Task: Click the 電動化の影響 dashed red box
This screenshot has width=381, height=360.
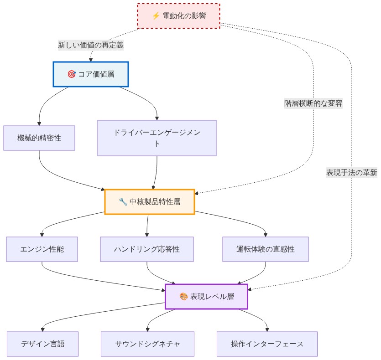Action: (178, 16)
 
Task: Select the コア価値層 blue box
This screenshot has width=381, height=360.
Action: (91, 74)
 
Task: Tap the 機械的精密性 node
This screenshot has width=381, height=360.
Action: (39, 138)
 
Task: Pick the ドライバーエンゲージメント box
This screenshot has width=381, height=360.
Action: (157, 138)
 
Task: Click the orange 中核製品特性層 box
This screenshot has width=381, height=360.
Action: (150, 202)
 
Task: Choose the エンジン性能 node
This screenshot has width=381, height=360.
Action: (42, 249)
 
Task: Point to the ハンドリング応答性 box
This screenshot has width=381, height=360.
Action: (147, 249)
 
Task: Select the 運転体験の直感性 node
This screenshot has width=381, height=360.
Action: (266, 249)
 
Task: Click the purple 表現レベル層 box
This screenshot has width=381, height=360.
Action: (207, 297)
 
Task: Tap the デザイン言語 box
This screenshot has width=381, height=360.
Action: (43, 344)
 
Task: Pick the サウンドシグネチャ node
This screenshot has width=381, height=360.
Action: (147, 344)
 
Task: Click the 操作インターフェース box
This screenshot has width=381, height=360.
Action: (267, 344)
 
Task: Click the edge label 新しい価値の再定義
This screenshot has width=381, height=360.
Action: (91, 45)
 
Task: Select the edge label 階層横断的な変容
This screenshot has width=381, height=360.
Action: (313, 103)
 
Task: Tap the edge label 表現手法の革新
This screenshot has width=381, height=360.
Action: (352, 173)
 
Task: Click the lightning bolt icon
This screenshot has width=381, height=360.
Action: (156, 16)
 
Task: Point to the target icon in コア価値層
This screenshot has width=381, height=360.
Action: (72, 74)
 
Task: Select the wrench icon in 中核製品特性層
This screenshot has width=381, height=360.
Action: (123, 202)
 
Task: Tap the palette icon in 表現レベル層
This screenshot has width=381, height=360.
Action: (184, 296)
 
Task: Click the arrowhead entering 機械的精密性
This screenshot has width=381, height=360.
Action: (39, 124)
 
